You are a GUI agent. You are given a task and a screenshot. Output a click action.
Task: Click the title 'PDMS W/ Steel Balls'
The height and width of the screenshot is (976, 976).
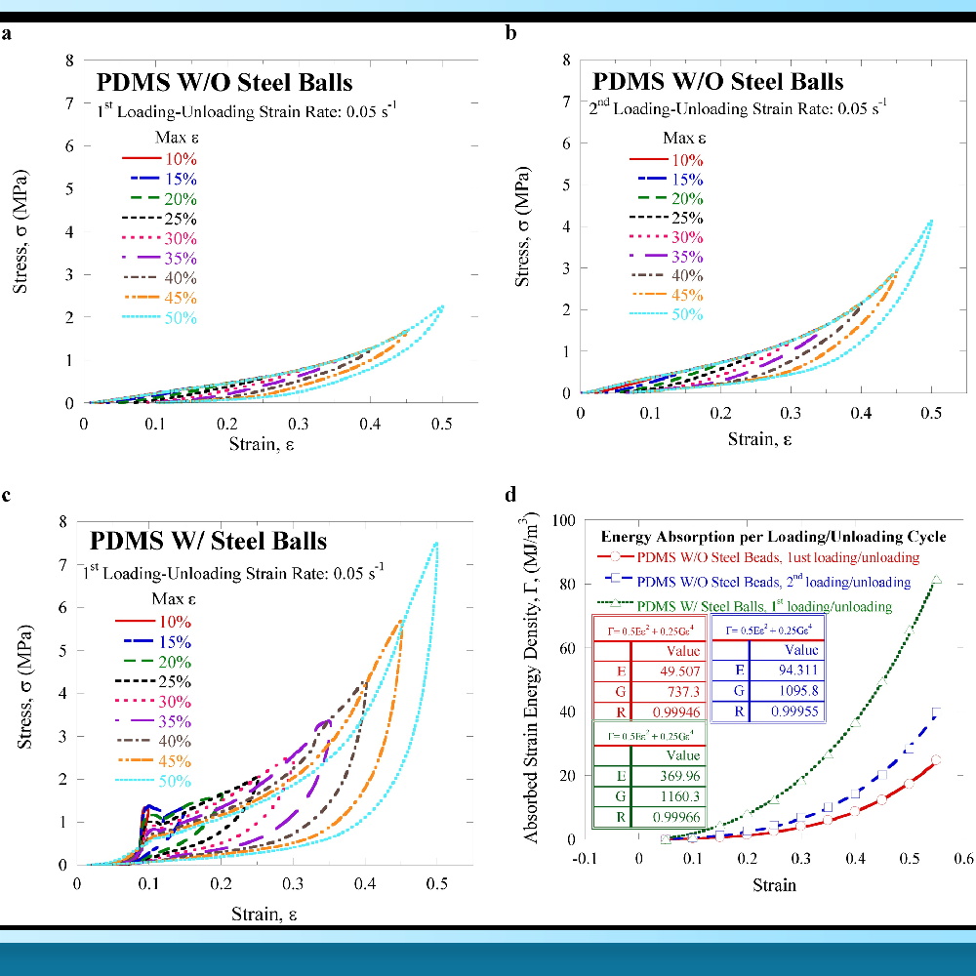(209, 540)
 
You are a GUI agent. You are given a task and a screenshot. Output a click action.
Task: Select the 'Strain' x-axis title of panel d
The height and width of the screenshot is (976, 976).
(774, 885)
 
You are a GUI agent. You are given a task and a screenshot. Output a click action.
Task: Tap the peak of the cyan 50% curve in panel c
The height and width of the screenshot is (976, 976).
(436, 543)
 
